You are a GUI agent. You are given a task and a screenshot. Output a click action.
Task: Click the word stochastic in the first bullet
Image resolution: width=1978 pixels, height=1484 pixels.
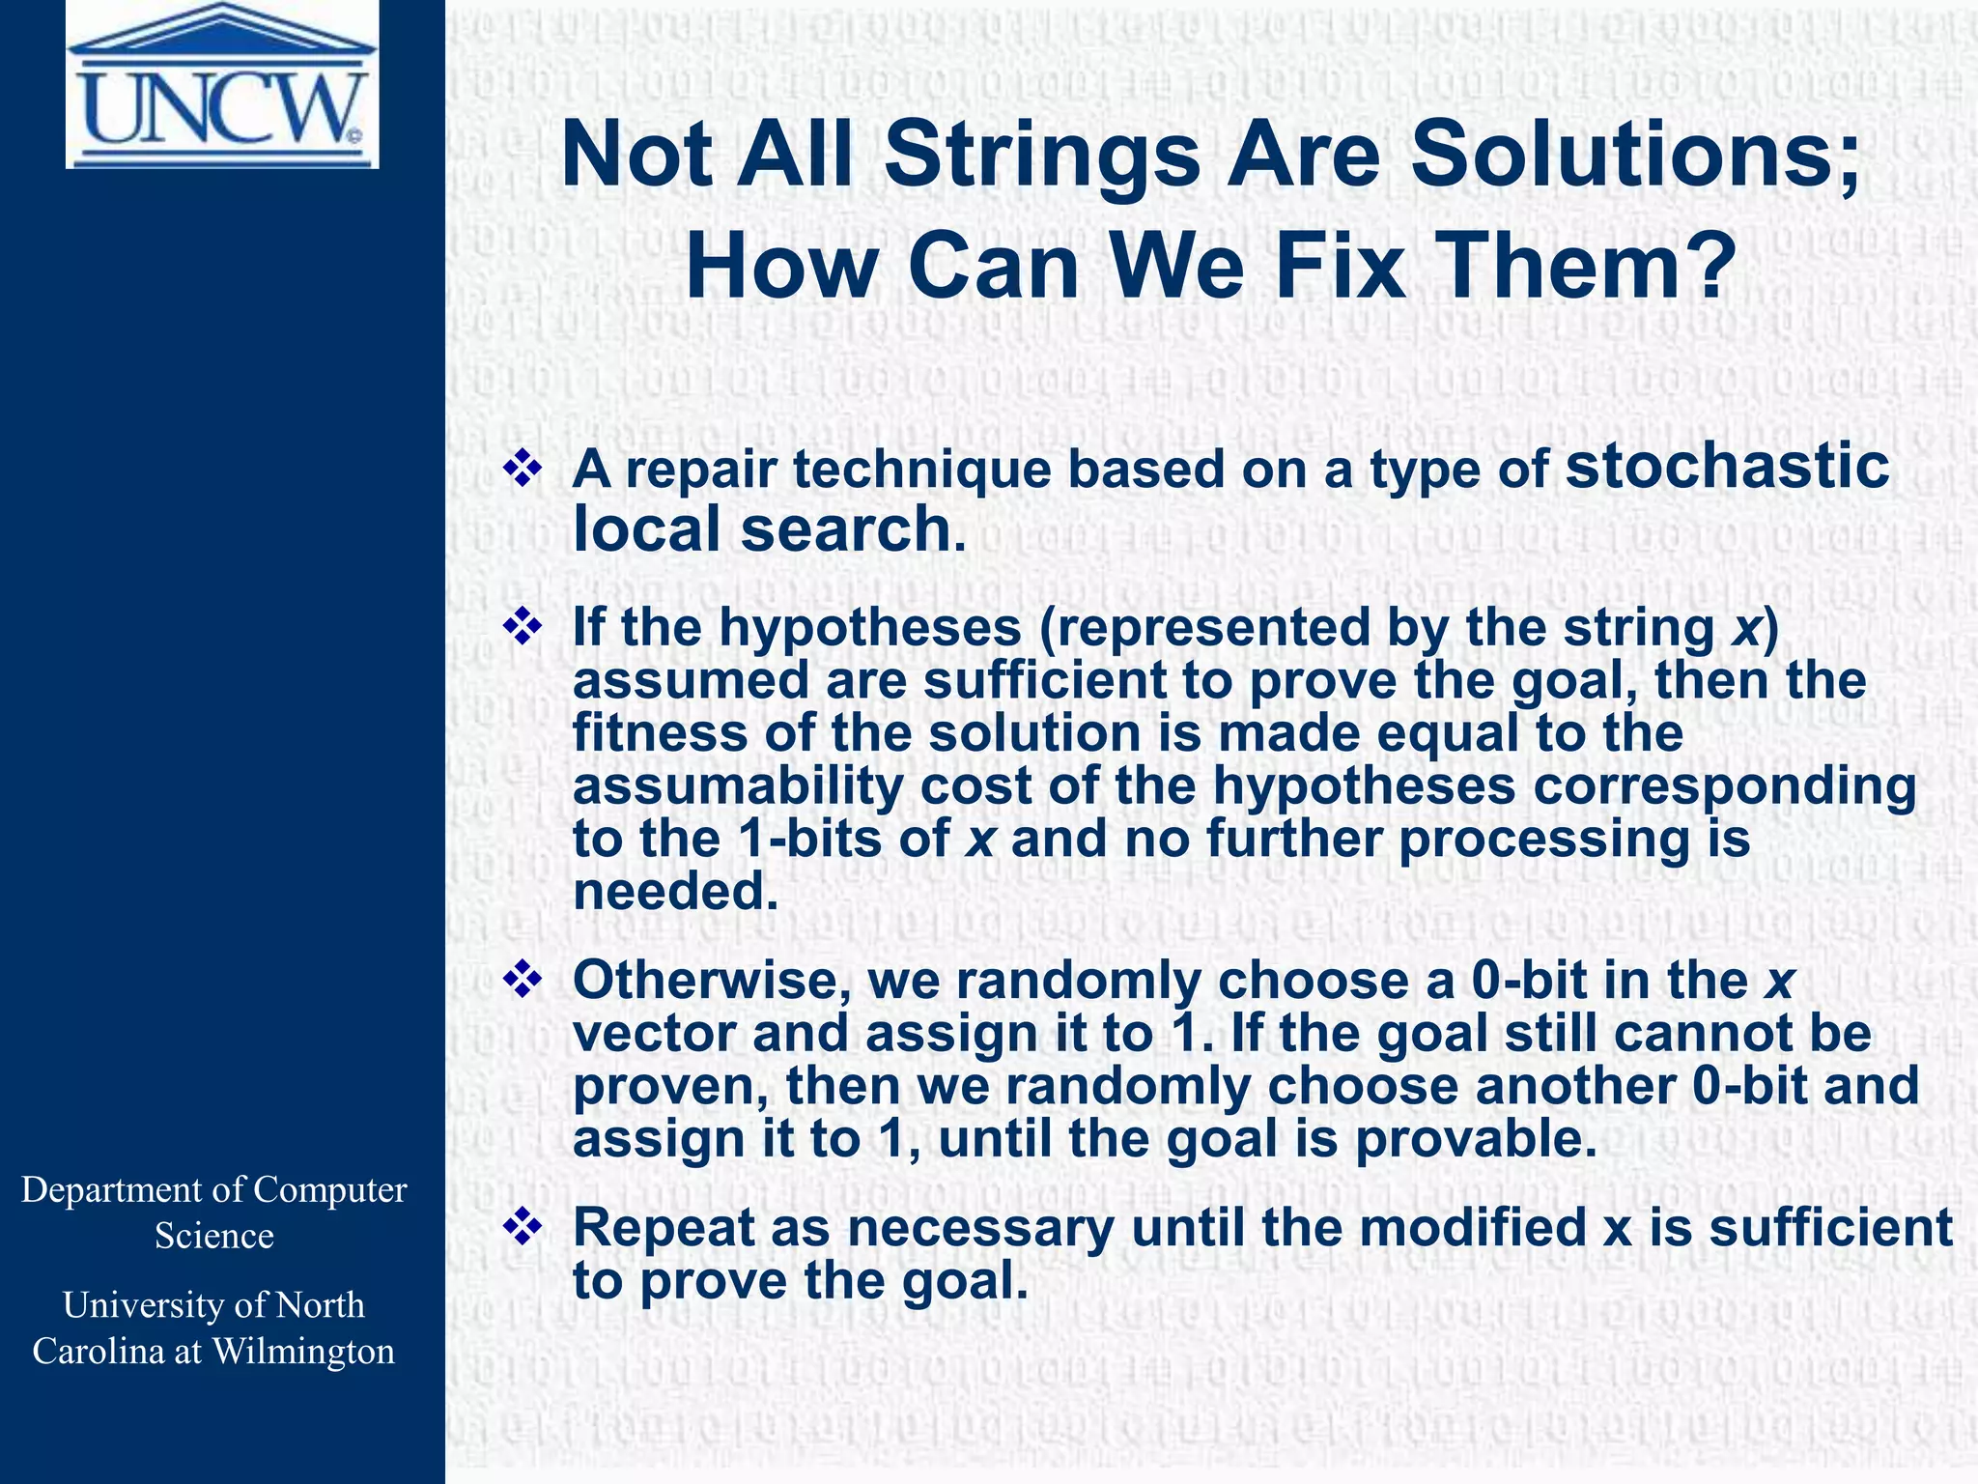[1727, 467]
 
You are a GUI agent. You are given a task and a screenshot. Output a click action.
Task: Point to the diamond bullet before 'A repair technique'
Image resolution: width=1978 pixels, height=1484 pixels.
[523, 470]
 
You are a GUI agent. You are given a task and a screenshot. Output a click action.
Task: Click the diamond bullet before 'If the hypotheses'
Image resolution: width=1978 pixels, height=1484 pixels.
[523, 627]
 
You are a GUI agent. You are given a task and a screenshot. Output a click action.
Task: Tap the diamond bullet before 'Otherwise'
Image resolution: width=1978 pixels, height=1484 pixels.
[523, 981]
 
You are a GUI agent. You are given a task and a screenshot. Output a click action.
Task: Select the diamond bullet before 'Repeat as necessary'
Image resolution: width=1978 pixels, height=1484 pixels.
[523, 1228]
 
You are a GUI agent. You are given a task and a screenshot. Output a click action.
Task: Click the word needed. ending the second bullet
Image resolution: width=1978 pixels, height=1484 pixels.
[675, 891]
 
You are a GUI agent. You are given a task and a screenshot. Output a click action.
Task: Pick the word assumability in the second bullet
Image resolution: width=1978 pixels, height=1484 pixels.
[737, 785]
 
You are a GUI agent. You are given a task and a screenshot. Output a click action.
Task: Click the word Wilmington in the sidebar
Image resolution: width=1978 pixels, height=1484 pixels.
[303, 1352]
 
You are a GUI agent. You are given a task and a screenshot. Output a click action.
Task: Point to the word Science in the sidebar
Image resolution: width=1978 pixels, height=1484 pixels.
[214, 1237]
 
